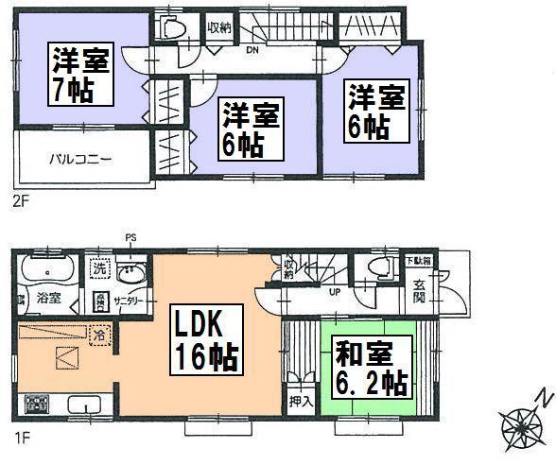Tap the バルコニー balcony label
tap(80, 159)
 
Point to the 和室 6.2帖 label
tap(371, 370)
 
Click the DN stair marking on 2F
tap(253, 50)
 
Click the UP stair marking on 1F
tap(334, 292)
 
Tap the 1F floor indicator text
tap(21, 438)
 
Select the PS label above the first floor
tap(130, 237)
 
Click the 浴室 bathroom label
tap(48, 297)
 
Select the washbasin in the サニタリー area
tap(134, 274)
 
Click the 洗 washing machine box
tap(99, 267)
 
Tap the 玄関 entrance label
tap(419, 292)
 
